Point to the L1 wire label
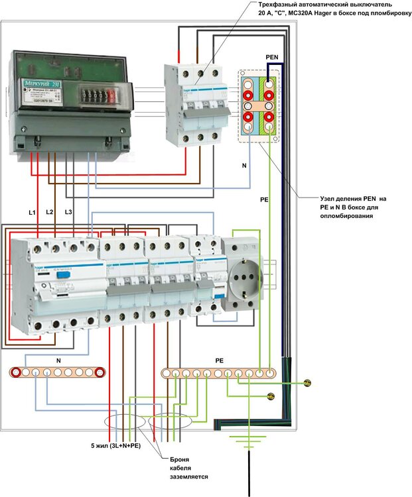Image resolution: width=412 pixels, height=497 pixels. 32,213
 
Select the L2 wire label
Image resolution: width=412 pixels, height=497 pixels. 50,211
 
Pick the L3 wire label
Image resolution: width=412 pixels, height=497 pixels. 68,211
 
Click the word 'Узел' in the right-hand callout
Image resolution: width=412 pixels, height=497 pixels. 330,198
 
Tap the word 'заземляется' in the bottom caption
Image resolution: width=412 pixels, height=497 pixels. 190,476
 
